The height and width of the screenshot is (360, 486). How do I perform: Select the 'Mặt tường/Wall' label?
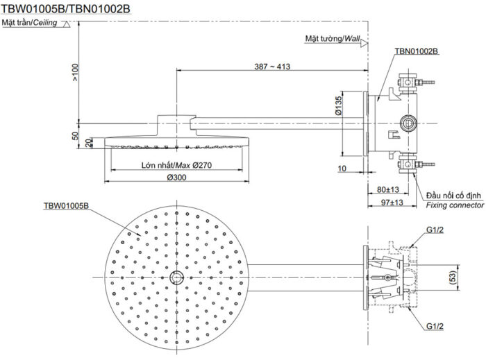click(333, 39)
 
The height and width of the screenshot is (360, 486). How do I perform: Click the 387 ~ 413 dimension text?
click(272, 67)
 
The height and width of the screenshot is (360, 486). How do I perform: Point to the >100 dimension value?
click(75, 72)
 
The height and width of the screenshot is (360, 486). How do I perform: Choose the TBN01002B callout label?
click(415, 51)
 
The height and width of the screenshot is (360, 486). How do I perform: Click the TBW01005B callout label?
click(67, 206)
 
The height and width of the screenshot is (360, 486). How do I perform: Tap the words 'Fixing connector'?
click(455, 206)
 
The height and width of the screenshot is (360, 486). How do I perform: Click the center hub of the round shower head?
click(176, 277)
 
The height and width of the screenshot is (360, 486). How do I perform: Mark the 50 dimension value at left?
click(75, 135)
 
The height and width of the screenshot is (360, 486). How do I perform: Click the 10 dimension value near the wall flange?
click(343, 169)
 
